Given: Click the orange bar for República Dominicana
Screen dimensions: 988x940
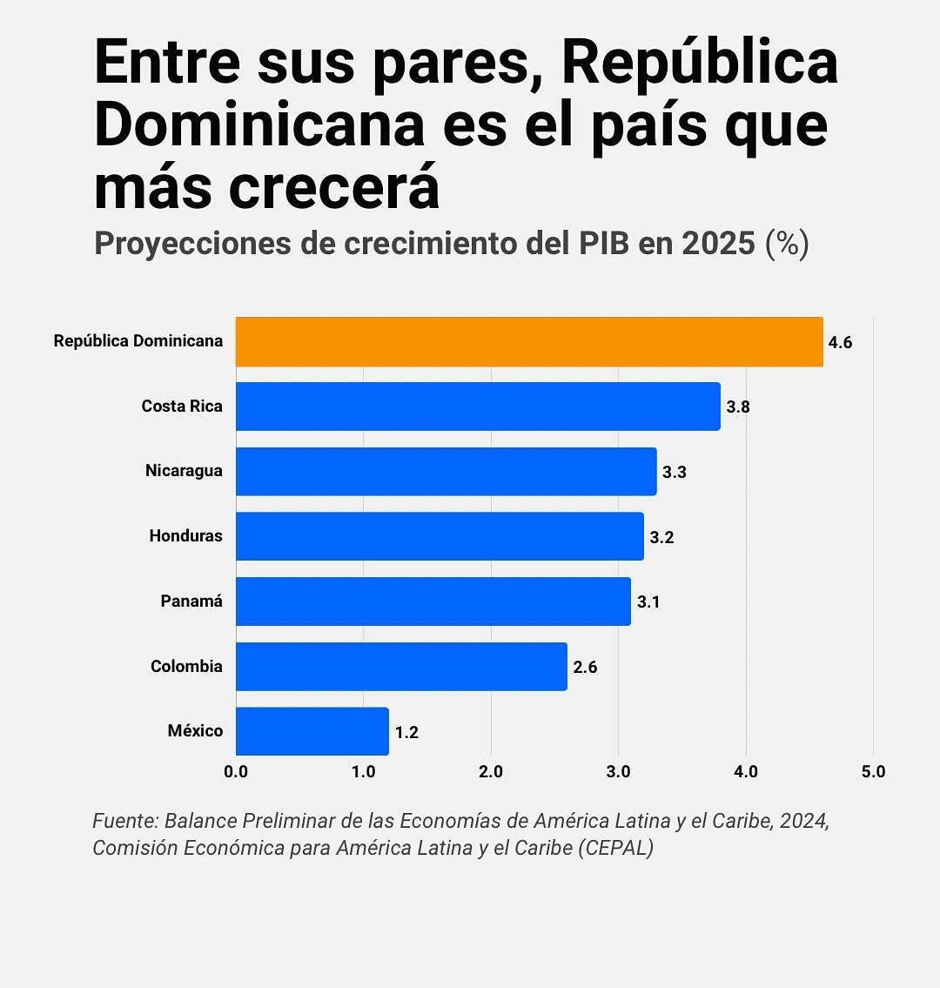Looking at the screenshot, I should point(529,341).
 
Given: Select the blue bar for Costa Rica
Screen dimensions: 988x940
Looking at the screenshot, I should point(478,407).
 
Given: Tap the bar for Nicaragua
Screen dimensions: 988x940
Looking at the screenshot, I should point(446,471).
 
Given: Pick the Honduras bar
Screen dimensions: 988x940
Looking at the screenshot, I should point(440,536).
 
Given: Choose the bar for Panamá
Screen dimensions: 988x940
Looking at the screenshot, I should point(433,602).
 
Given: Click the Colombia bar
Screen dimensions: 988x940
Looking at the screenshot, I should point(401,667).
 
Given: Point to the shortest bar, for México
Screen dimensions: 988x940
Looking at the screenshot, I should point(312,731).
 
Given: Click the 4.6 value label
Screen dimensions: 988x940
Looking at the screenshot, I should point(840,343).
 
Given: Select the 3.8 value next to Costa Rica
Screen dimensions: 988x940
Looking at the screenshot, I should point(738,407).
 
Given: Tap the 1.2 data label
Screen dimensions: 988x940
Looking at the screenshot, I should point(406,733).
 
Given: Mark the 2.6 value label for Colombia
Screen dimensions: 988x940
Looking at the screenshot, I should point(585,668).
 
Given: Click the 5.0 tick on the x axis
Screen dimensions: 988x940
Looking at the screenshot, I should point(873,772).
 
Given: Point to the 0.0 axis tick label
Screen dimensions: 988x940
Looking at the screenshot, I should point(236,772).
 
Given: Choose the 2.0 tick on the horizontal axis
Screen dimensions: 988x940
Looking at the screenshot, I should point(491,772).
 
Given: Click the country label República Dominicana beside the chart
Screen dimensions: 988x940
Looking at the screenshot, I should point(138,341).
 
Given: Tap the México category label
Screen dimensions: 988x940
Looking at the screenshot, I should point(195,731).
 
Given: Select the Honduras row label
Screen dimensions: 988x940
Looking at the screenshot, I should point(185,536).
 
